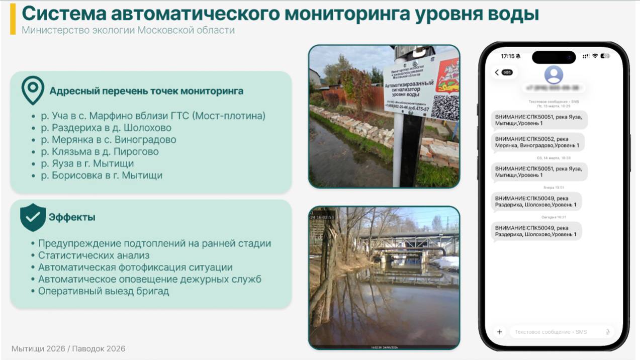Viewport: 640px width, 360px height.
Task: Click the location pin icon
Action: tap(33, 90)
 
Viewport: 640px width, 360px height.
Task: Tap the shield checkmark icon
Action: tap(33, 217)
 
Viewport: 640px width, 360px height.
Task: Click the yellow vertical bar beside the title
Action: tap(13, 19)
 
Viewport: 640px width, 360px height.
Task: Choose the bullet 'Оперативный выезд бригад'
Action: tap(103, 291)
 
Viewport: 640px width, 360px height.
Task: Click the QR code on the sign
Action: tap(444, 107)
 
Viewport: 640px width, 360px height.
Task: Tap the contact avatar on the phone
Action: tap(554, 75)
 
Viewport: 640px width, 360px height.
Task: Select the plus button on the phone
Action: tap(499, 332)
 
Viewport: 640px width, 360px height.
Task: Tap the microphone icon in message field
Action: tap(608, 332)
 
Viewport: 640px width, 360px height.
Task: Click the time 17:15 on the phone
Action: tap(508, 56)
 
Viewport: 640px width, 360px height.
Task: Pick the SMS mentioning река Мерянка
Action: tap(537, 142)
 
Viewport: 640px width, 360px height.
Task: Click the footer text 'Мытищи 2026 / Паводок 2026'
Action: tap(68, 348)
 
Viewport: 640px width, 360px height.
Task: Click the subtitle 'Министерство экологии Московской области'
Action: tap(128, 30)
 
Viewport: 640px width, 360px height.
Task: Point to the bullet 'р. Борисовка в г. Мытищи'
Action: tap(102, 175)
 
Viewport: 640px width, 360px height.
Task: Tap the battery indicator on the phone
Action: tap(605, 56)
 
